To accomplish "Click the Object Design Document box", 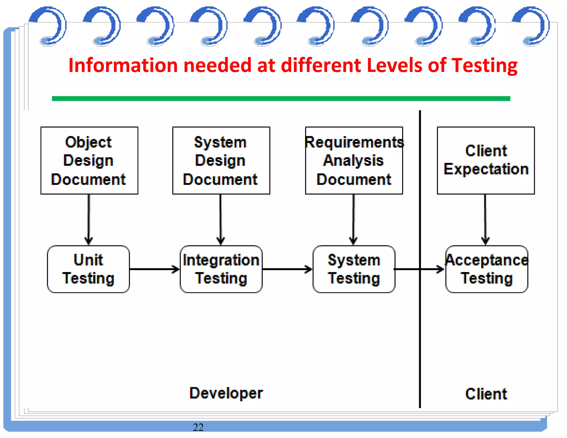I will (89, 161).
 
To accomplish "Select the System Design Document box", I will (221, 161).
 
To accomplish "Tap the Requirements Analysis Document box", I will (354, 161).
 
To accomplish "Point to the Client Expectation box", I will (486, 161).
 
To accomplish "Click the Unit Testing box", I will (88, 269).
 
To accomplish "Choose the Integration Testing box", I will (221, 269).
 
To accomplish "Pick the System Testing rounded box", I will (354, 269).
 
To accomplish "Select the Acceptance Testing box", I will (486, 269).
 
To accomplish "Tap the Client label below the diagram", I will (486, 394).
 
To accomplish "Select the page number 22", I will (198, 427).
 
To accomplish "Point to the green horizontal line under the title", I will (281, 99).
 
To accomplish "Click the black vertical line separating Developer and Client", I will (420, 332).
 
